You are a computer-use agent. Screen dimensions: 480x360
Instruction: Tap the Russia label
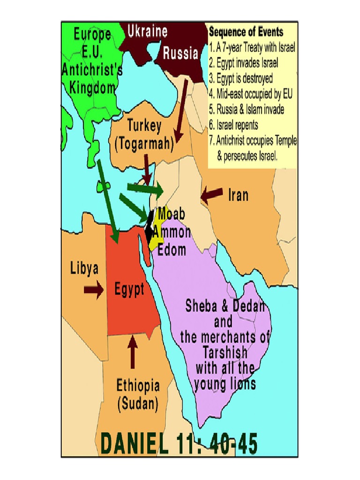click(x=180, y=53)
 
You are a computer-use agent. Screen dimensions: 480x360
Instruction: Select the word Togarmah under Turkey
click(x=144, y=143)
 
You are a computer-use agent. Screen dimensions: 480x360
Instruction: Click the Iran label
click(x=238, y=195)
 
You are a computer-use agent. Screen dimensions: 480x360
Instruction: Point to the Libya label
click(x=84, y=269)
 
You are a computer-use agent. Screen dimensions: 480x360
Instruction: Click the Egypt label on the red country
click(x=129, y=290)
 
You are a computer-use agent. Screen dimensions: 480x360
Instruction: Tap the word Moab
click(x=171, y=214)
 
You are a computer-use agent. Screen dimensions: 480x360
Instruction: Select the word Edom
click(x=172, y=249)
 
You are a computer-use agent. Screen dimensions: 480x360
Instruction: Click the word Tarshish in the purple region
click(x=225, y=352)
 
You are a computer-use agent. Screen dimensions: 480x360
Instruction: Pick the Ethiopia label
click(x=138, y=386)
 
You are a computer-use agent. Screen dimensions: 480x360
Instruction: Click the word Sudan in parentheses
click(x=138, y=404)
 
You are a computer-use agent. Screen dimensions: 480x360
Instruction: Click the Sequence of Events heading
click(x=246, y=32)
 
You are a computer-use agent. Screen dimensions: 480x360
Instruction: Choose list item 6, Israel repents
click(x=237, y=125)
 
